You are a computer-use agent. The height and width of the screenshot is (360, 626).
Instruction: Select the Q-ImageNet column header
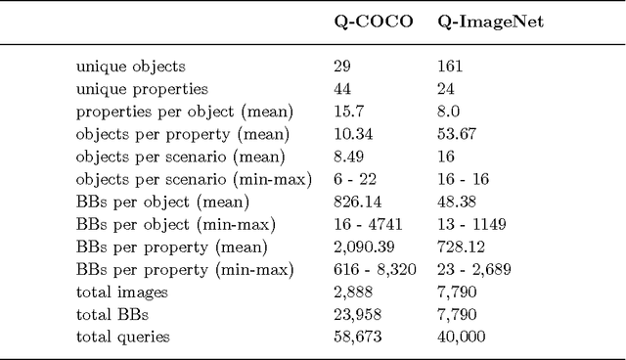tap(490, 22)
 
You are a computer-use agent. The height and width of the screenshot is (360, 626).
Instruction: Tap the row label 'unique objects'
tap(131, 67)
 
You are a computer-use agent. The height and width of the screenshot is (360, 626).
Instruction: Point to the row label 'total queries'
tap(122, 337)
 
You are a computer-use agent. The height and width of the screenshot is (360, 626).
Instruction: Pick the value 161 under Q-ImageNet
tap(450, 67)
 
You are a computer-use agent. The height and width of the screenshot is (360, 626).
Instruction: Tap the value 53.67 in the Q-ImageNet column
tap(456, 134)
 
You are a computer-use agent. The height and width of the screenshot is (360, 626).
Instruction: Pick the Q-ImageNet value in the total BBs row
tap(457, 314)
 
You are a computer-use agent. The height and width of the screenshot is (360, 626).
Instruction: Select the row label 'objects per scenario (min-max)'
tap(193, 179)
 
